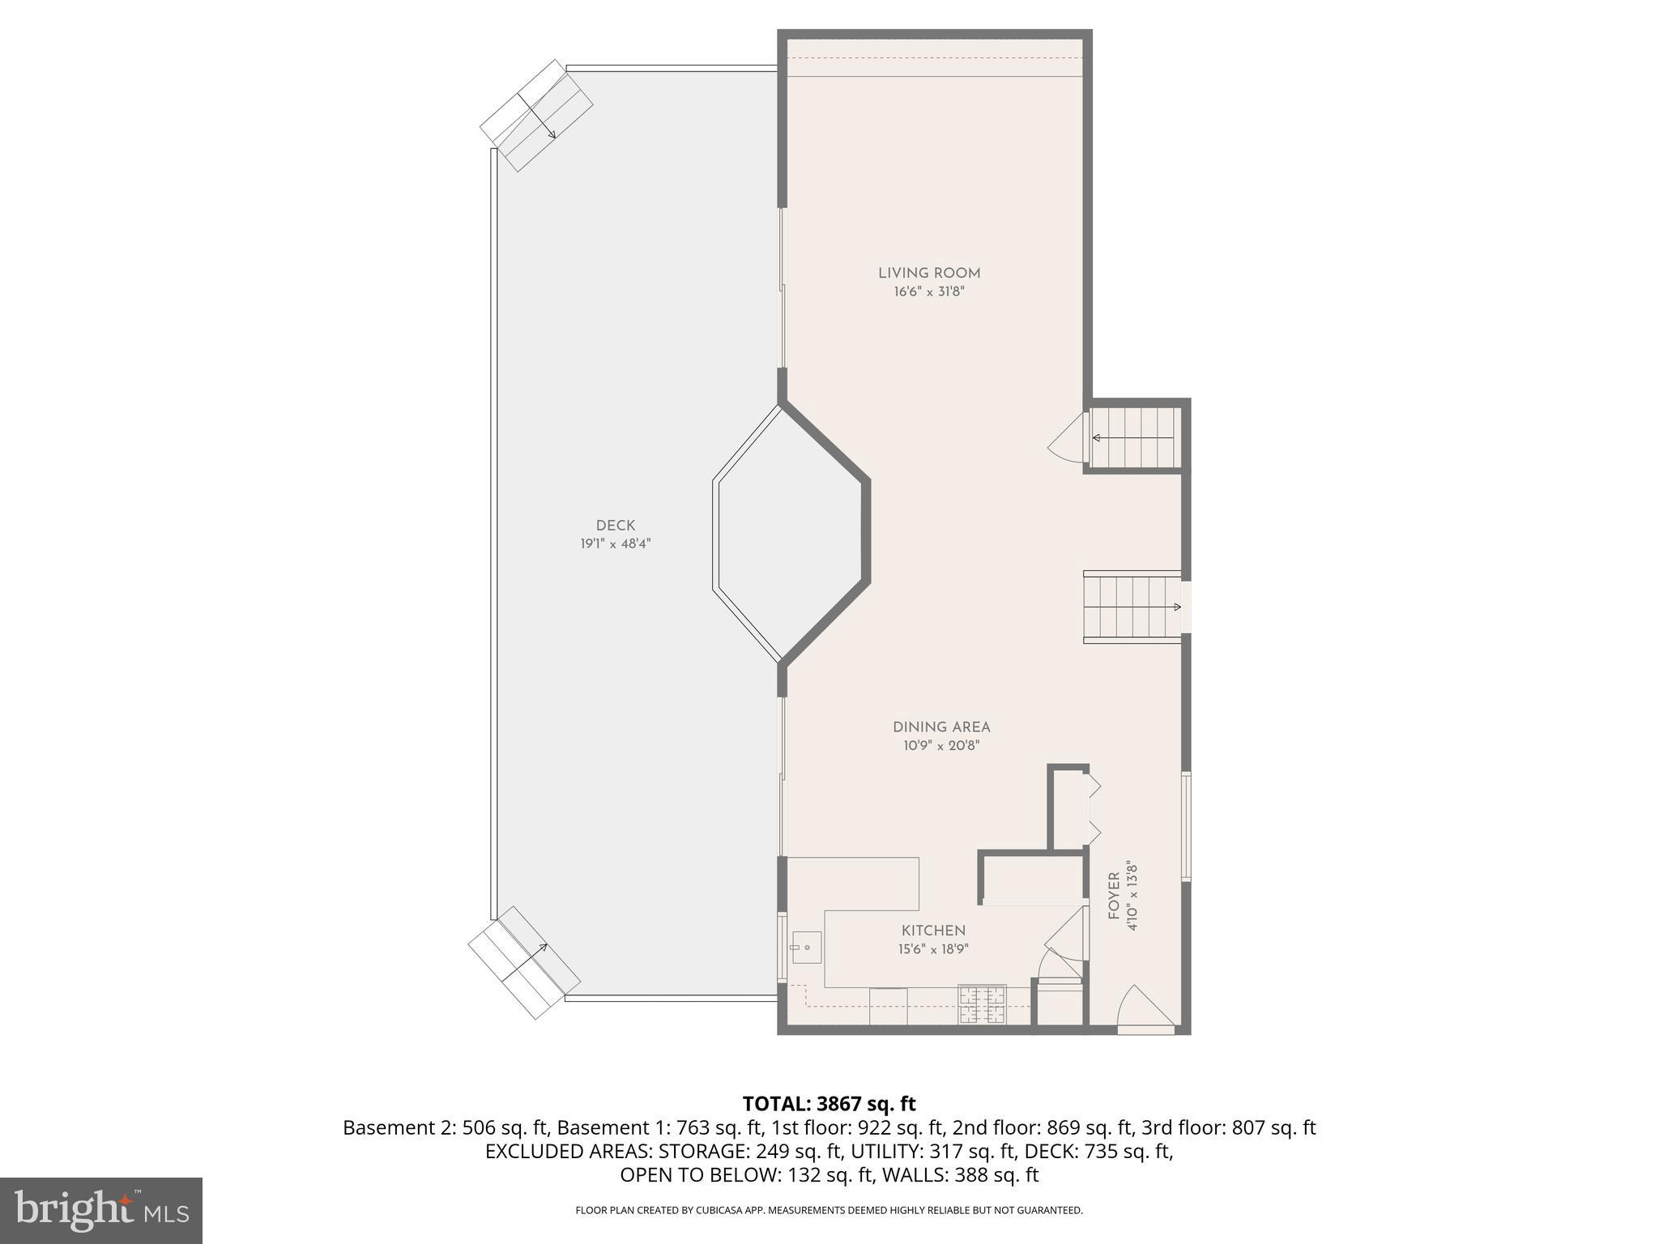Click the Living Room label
pyautogui.click(x=929, y=274)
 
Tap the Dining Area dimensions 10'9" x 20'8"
pyautogui.click(x=941, y=746)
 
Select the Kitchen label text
pyautogui.click(x=933, y=931)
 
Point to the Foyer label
pyautogui.click(x=1115, y=896)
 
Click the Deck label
pyautogui.click(x=616, y=526)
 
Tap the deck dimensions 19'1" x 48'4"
pyautogui.click(x=616, y=544)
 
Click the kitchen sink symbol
pyautogui.click(x=806, y=947)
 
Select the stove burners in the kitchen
pyautogui.click(x=982, y=1004)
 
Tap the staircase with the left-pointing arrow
pyautogui.click(x=1134, y=438)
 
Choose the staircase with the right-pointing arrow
pyautogui.click(x=1132, y=607)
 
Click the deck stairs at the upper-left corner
pyautogui.click(x=536, y=115)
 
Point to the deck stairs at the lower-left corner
pyautogui.click(x=525, y=961)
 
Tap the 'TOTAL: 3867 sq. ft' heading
pyautogui.click(x=829, y=1104)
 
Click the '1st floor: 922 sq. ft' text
pyautogui.click(x=857, y=1127)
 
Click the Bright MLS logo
pyautogui.click(x=100, y=1210)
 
